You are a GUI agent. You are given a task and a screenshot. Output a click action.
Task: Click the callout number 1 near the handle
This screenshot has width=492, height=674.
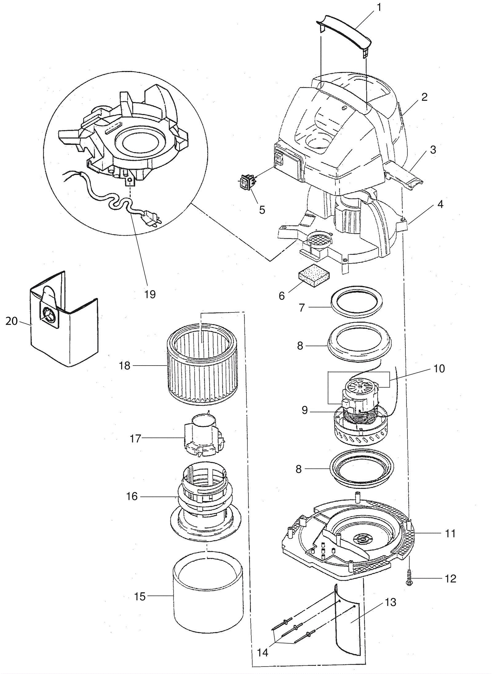(x=379, y=7)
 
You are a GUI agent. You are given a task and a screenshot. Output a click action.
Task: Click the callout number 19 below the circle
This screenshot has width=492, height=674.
(x=150, y=294)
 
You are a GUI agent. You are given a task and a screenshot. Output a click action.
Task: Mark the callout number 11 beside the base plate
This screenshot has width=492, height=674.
(x=450, y=533)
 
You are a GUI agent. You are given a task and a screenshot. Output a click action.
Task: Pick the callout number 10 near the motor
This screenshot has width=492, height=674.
(x=439, y=368)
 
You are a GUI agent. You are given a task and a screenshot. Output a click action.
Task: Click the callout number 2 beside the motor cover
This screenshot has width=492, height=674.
(x=424, y=97)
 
